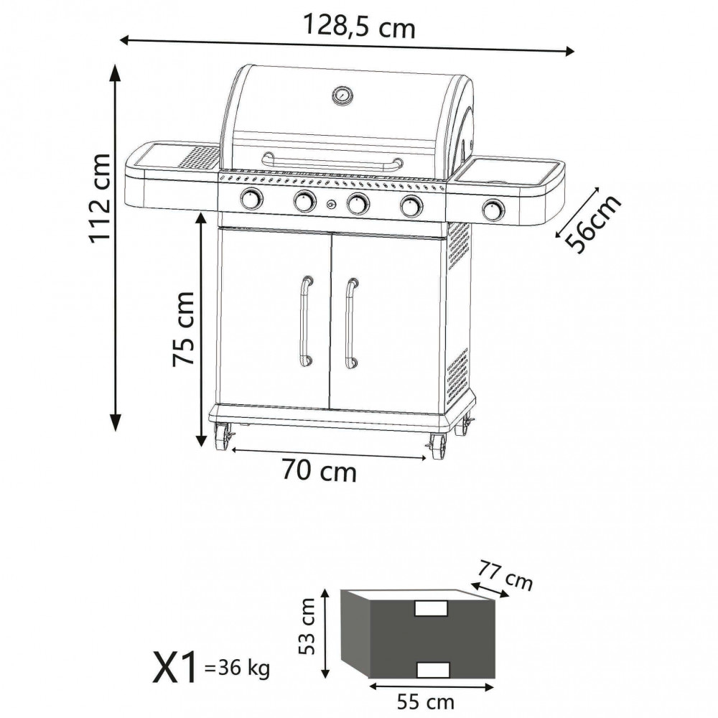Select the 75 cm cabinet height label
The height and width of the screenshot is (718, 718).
tap(183, 328)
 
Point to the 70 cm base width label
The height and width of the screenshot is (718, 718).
tap(319, 472)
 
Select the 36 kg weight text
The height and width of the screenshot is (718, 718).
tap(238, 669)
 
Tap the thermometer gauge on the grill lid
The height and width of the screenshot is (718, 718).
tap(342, 95)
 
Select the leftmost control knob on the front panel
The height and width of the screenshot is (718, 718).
tap(251, 199)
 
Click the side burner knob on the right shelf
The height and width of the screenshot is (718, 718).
tap(493, 209)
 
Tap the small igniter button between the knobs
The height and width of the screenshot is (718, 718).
tap(331, 205)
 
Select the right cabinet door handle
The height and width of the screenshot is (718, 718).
tap(351, 323)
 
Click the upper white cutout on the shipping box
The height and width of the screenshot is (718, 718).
tap(431, 608)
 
